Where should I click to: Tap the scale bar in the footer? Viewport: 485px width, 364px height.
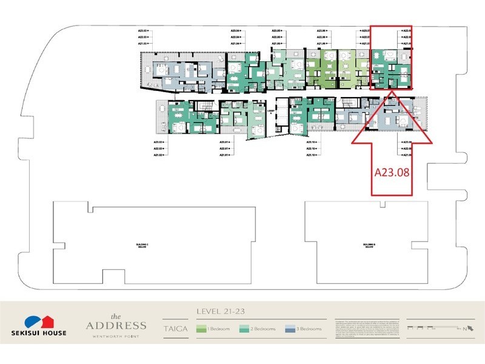[424, 328]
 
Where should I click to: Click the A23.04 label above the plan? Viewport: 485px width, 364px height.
[236, 30]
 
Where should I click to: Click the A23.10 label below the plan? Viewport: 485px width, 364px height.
[312, 142]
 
